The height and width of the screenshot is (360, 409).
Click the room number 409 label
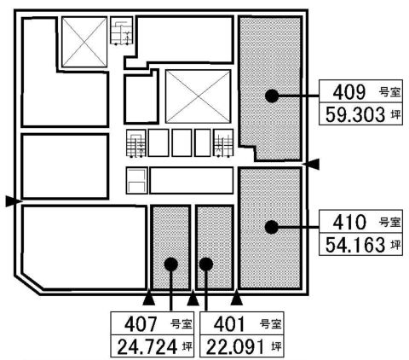[349, 92]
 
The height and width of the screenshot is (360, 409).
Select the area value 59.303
[355, 114]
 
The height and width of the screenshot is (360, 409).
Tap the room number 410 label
[349, 222]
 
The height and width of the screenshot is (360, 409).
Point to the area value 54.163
[355, 245]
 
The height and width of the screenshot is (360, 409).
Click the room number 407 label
[141, 324]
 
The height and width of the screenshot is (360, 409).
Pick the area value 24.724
[147, 347]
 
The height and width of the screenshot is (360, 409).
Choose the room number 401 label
[229, 324]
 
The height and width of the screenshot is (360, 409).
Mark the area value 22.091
[236, 347]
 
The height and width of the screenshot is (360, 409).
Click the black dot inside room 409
[272, 96]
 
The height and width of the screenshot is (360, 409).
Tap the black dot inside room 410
[271, 227]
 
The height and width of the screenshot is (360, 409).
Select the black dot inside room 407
[171, 264]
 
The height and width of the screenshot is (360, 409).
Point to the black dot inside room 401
[206, 264]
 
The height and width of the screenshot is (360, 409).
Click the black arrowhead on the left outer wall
[14, 201]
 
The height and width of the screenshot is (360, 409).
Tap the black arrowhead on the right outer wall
[311, 164]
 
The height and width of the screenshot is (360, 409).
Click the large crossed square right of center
[198, 96]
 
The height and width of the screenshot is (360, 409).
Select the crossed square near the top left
[84, 42]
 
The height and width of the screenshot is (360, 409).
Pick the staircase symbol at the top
[122, 32]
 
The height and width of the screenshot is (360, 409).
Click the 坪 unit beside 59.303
[396, 114]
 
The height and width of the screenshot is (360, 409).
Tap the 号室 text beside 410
[390, 222]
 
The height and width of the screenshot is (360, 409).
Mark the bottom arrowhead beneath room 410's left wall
[237, 299]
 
